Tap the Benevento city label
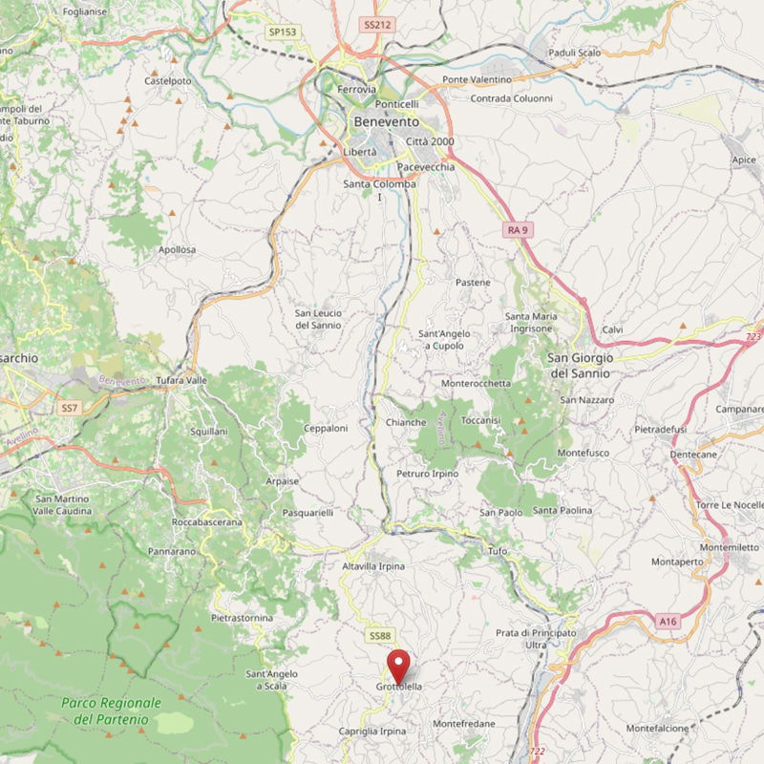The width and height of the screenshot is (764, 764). coord(386,122)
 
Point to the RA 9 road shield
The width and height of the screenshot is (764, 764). coord(517,230)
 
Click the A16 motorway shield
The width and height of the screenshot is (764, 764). coord(668,622)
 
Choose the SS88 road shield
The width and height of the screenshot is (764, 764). coord(379,636)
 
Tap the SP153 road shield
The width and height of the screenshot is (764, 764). coord(283,32)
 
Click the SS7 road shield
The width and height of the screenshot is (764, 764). coord(68,408)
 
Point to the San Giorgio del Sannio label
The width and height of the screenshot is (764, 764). coord(580,365)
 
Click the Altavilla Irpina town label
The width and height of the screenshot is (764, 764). coord(372,566)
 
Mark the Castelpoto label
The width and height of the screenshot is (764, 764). coord(167,81)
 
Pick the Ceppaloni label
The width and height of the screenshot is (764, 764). coord(326,429)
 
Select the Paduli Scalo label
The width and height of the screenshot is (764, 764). coord(574,53)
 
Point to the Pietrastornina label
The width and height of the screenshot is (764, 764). coord(242,618)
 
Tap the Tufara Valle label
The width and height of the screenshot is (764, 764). coord(181,380)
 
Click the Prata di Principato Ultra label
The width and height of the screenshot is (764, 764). coord(536,639)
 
